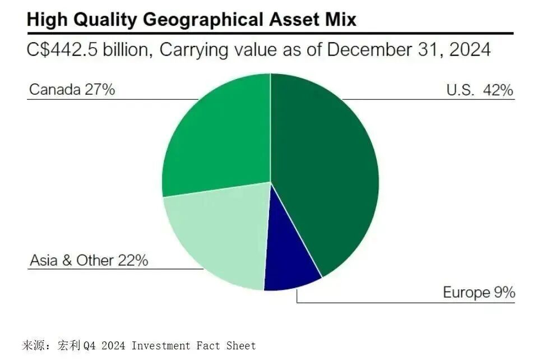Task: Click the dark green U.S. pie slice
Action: pyautogui.click(x=325, y=168)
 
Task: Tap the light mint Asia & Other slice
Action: pyautogui.click(x=219, y=236)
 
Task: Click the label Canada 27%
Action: pyautogui.click(x=72, y=90)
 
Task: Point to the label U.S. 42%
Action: pyautogui.click(x=480, y=90)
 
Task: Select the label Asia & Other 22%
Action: pyautogui.click(x=89, y=261)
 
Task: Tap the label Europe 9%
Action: pyautogui.click(x=479, y=292)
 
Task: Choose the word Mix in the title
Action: pyautogui.click(x=340, y=20)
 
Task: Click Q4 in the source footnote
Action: pyautogui.click(x=90, y=346)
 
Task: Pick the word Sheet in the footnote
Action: pyautogui.click(x=241, y=346)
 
